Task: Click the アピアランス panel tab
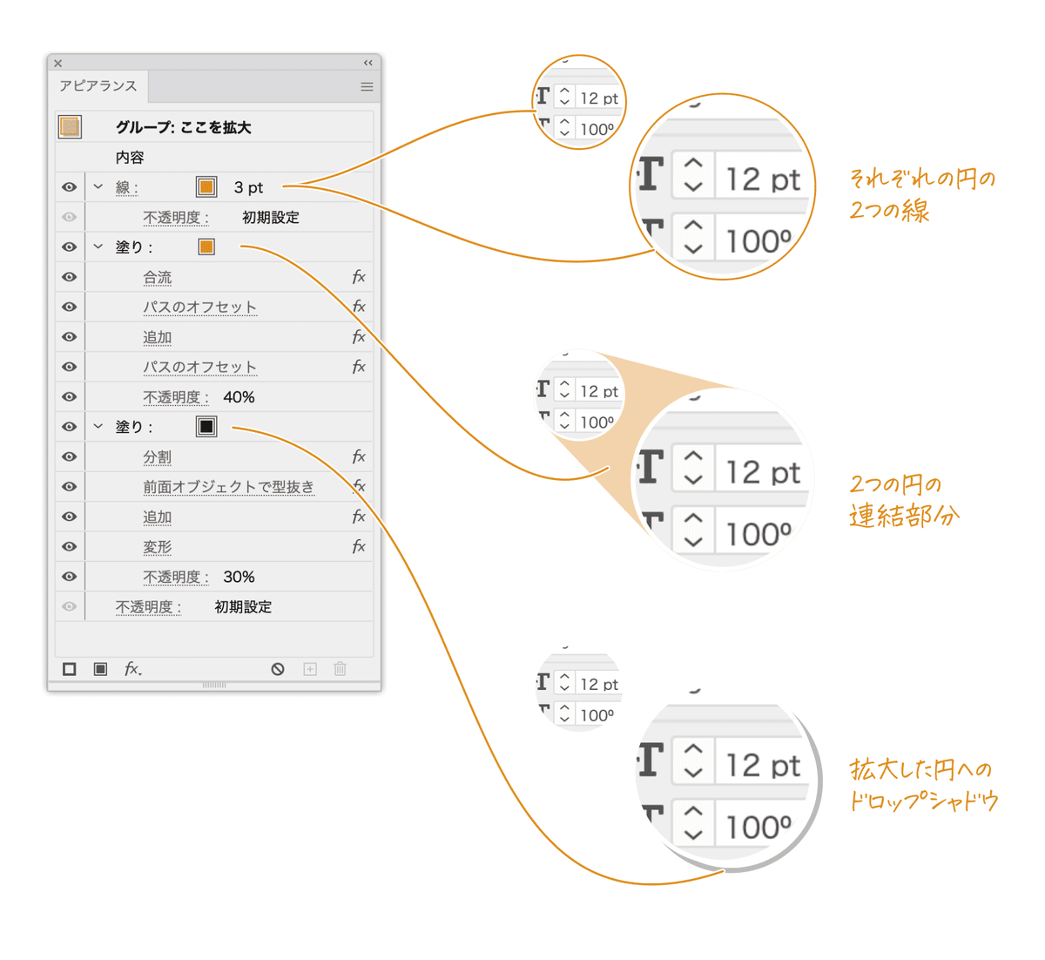pos(98,86)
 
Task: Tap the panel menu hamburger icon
pos(367,86)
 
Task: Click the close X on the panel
pos(57,64)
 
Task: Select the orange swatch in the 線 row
pos(206,187)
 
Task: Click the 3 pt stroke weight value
pos(248,187)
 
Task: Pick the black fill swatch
pos(206,427)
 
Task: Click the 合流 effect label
pos(158,277)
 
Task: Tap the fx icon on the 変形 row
pos(358,546)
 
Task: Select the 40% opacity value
pos(239,397)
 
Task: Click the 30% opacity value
pos(239,577)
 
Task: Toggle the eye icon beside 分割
pos(70,456)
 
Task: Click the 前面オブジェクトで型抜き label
pos(228,487)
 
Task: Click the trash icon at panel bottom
pos(340,669)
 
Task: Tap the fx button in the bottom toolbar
pos(132,669)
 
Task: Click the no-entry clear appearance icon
pos(278,669)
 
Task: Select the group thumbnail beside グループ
pos(70,127)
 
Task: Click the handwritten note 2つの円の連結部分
pos(903,500)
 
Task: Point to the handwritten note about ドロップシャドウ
pos(923,785)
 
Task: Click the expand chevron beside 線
pos(98,186)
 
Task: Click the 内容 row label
pos(130,158)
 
